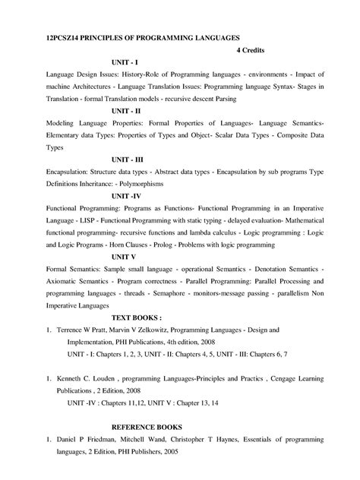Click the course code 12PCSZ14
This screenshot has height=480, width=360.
click(59, 37)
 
